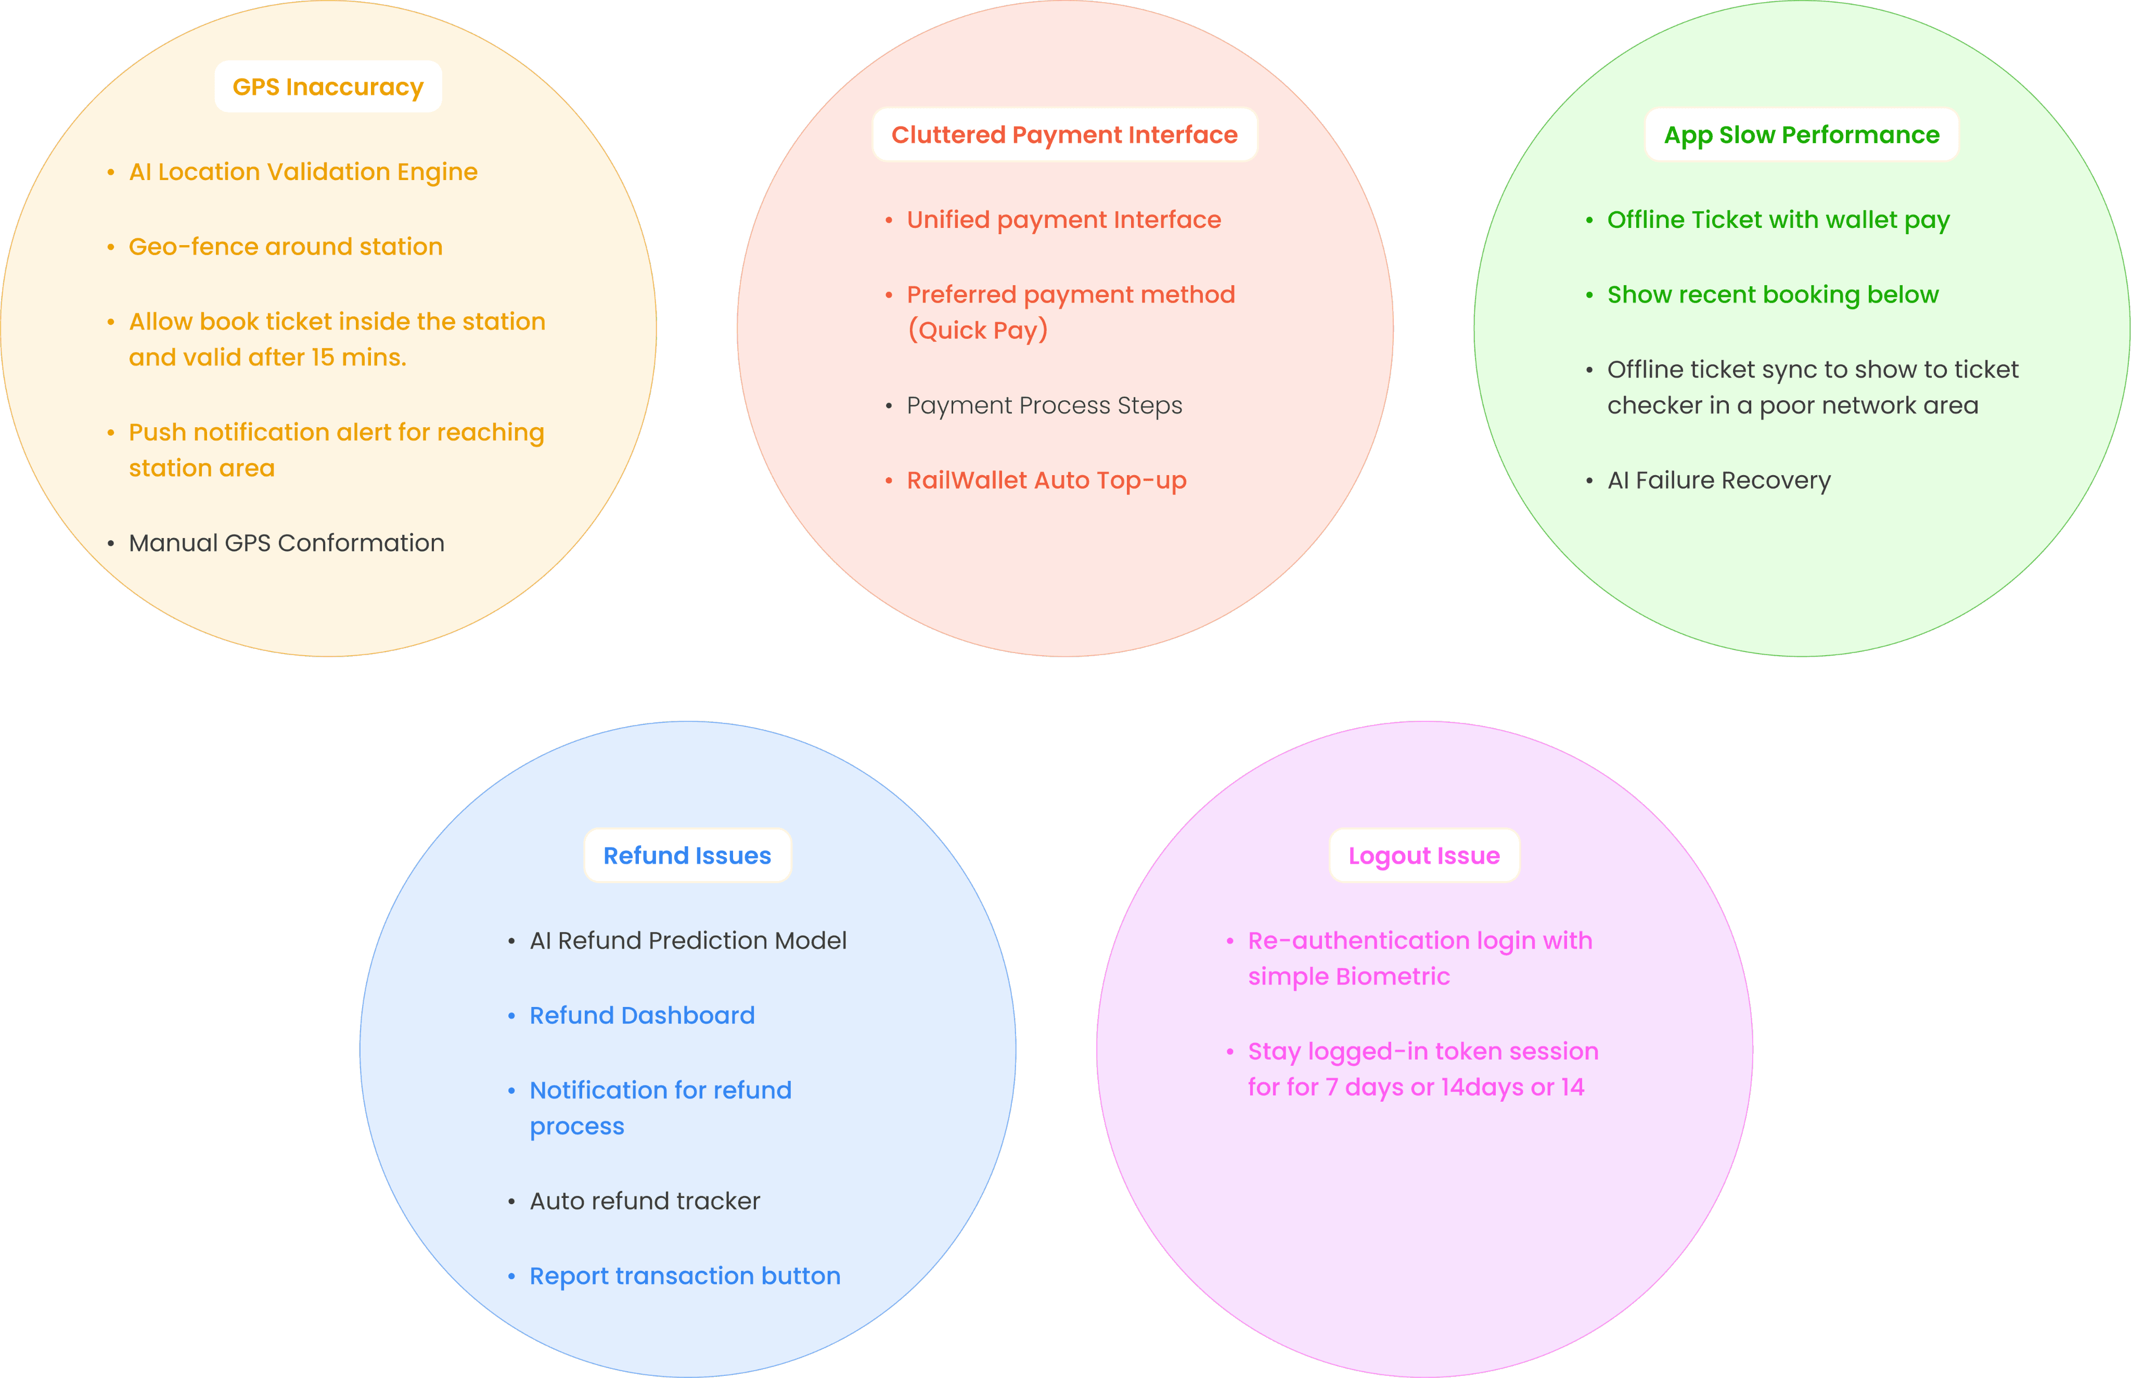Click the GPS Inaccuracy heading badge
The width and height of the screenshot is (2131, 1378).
327,87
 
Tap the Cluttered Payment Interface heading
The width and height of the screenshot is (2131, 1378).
1064,135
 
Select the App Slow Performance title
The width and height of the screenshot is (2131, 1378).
1801,135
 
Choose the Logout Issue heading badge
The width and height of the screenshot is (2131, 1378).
1423,856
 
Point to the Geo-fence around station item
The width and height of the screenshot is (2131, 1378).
286,247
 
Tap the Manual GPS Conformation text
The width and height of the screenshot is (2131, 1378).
286,543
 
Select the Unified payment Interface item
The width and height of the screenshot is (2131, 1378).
1064,220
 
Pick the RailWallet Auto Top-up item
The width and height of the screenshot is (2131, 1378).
1046,480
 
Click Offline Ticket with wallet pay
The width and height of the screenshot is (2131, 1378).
1778,220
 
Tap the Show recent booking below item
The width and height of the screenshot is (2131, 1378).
1772,295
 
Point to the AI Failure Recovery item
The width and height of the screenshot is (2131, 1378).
1718,480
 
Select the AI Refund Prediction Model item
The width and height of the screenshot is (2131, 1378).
687,940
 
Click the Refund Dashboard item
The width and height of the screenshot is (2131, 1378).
641,1016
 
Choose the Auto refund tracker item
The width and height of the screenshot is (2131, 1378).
644,1201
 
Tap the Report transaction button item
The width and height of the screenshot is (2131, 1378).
684,1276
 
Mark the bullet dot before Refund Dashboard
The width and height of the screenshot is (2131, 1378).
511,1016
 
